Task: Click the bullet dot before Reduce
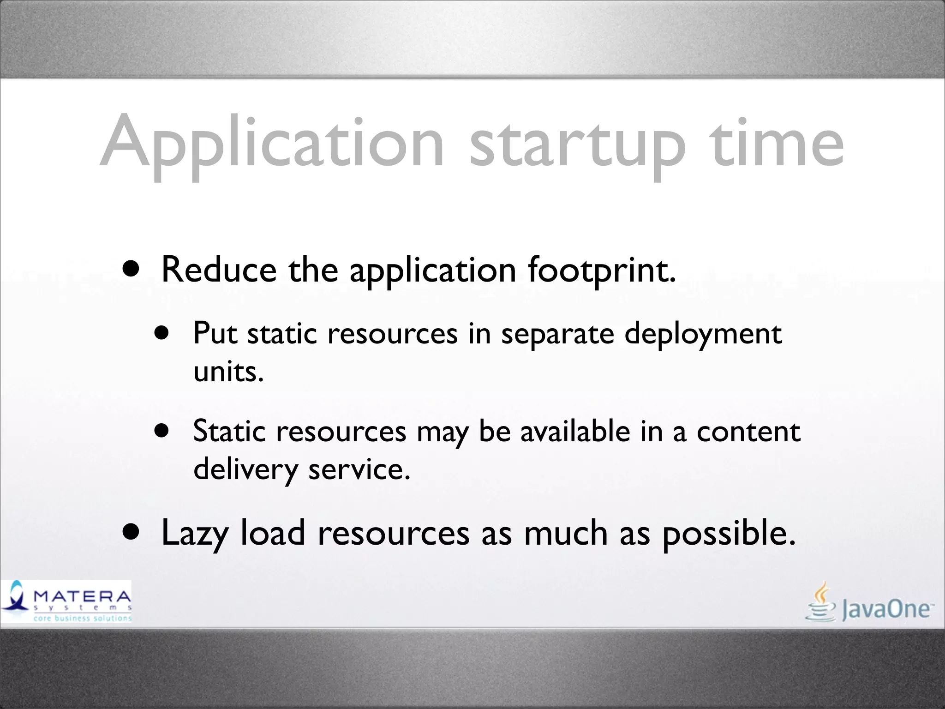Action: pos(131,269)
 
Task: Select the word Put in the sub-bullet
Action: pos(215,333)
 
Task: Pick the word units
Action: pos(228,371)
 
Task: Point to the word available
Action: pos(575,431)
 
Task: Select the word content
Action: pos(748,432)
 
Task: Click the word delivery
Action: pos(245,470)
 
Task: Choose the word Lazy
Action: pos(195,534)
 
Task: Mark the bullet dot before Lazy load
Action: pos(131,532)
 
